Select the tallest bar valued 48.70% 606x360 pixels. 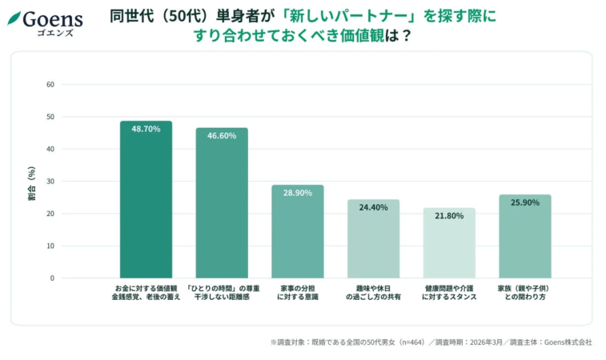click(146, 200)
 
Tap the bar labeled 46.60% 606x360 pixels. click(222, 203)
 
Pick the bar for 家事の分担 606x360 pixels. click(297, 232)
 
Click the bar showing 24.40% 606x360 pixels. click(373, 239)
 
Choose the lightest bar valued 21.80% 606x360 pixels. click(449, 243)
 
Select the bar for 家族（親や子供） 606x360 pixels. click(524, 237)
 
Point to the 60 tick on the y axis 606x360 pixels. click(50, 84)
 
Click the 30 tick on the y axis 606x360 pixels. click(50, 182)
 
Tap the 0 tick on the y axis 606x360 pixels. click(52, 278)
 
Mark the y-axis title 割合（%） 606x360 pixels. click(31, 182)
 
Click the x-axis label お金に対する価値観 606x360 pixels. click(146, 287)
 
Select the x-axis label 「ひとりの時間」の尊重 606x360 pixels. click(222, 287)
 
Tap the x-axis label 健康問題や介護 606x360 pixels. click(449, 287)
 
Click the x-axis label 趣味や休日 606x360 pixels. click(373, 287)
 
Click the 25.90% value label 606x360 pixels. click(524, 203)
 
